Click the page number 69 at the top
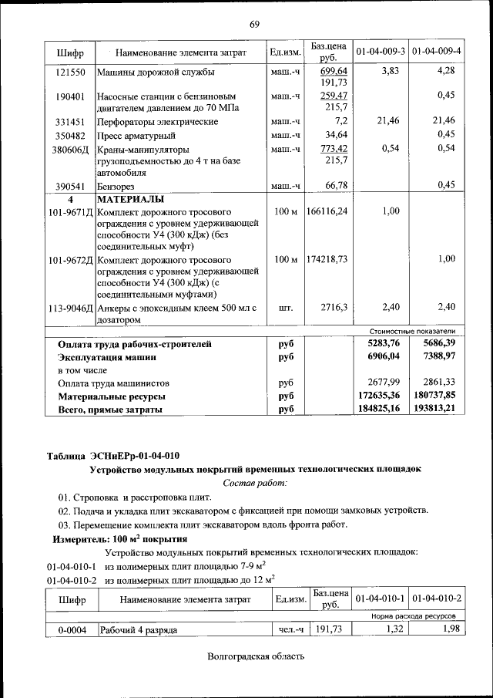tap(254, 24)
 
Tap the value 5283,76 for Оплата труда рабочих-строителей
tap(383, 344)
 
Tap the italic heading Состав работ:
tap(254, 483)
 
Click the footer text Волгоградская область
tap(256, 656)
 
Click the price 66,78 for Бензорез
tap(336, 186)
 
